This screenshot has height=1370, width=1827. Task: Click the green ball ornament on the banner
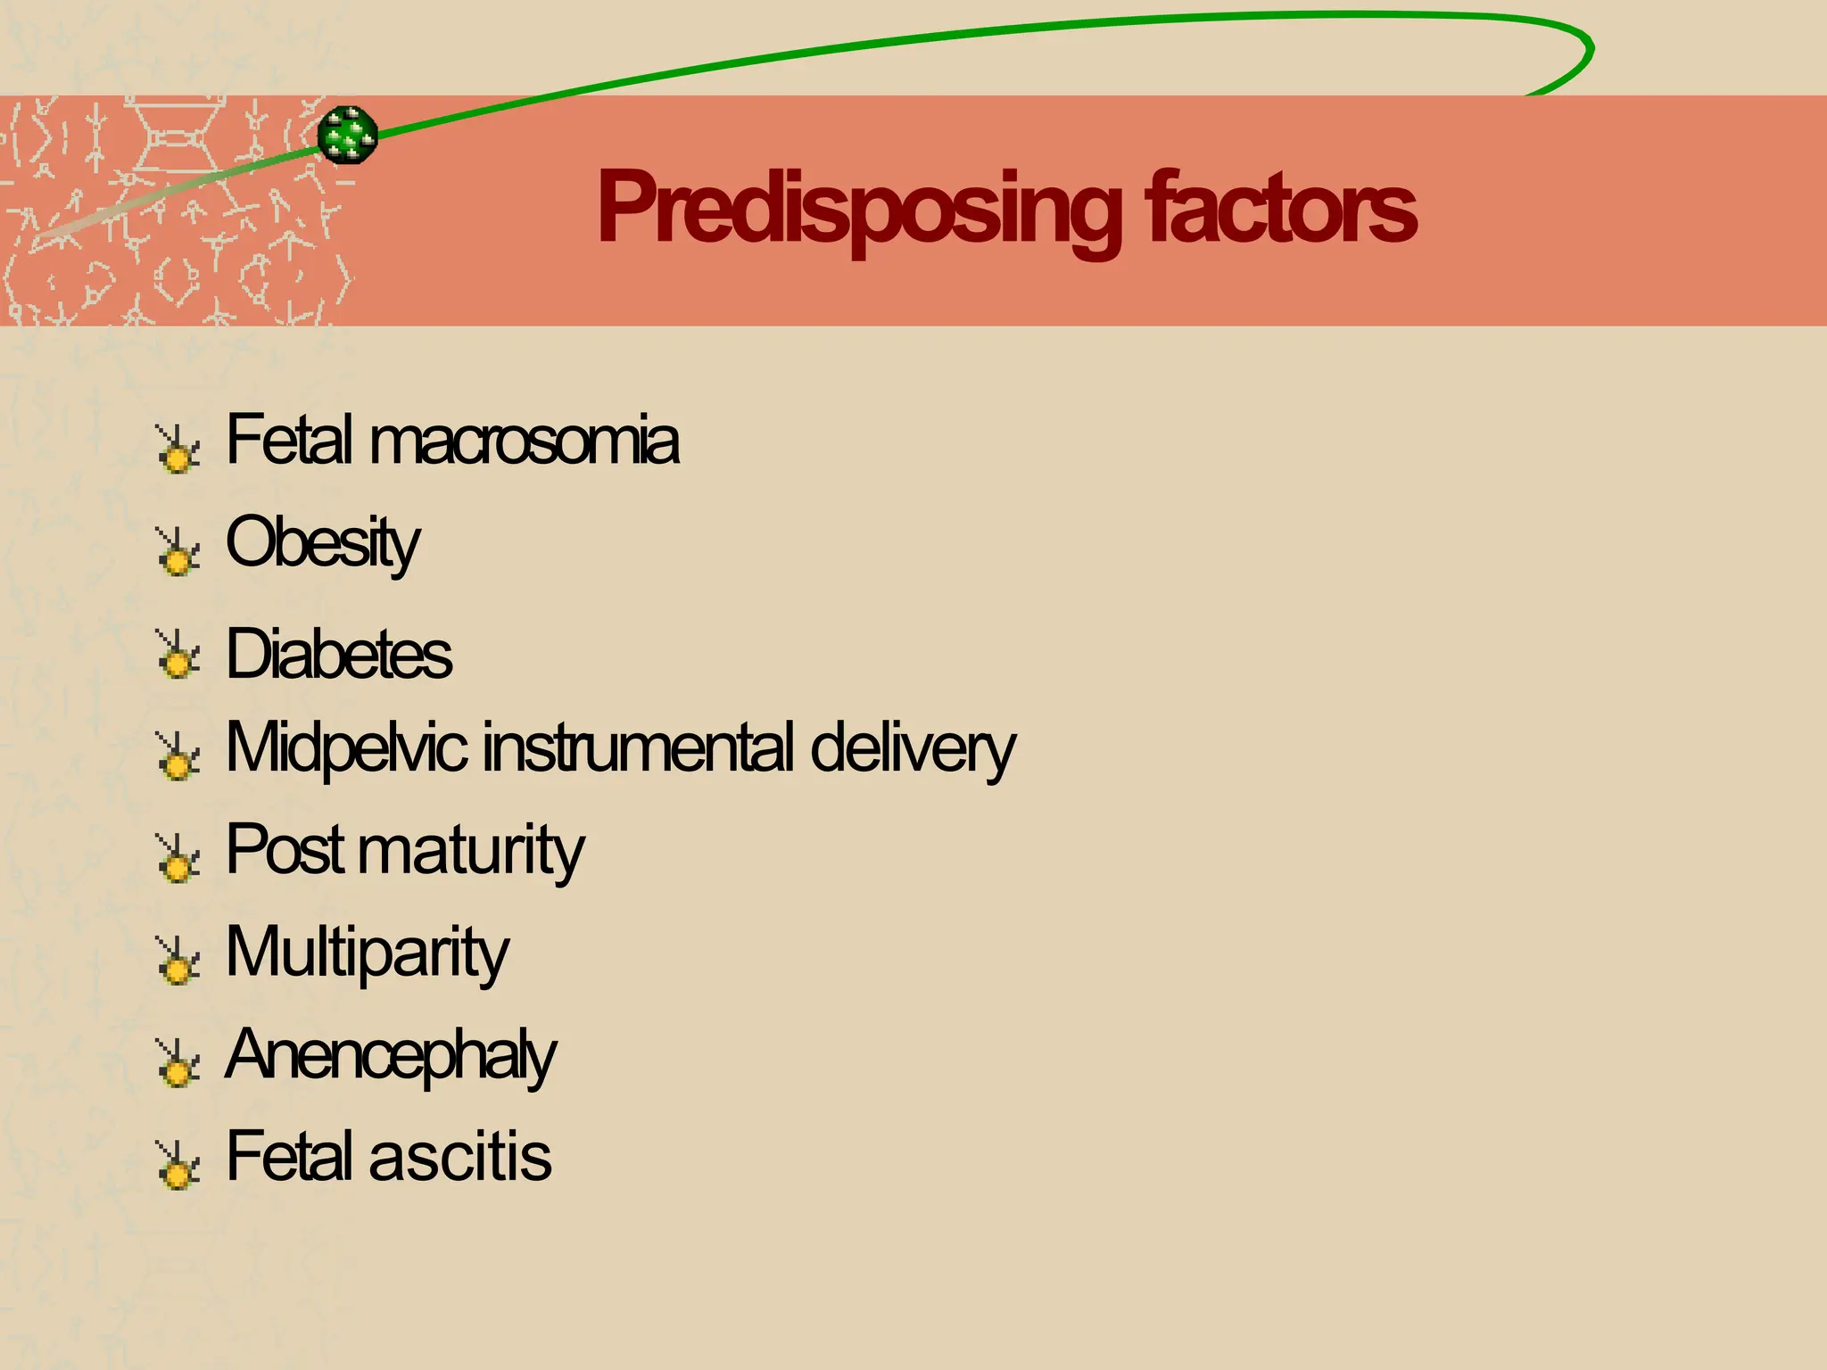point(348,136)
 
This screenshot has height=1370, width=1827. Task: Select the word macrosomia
point(524,441)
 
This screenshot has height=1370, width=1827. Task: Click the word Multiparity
point(367,953)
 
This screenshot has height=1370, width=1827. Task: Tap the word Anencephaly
point(390,1055)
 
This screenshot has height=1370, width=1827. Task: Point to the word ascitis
point(460,1157)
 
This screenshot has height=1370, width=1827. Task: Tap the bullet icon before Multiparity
point(178,961)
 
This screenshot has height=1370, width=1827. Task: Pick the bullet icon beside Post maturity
point(178,858)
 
